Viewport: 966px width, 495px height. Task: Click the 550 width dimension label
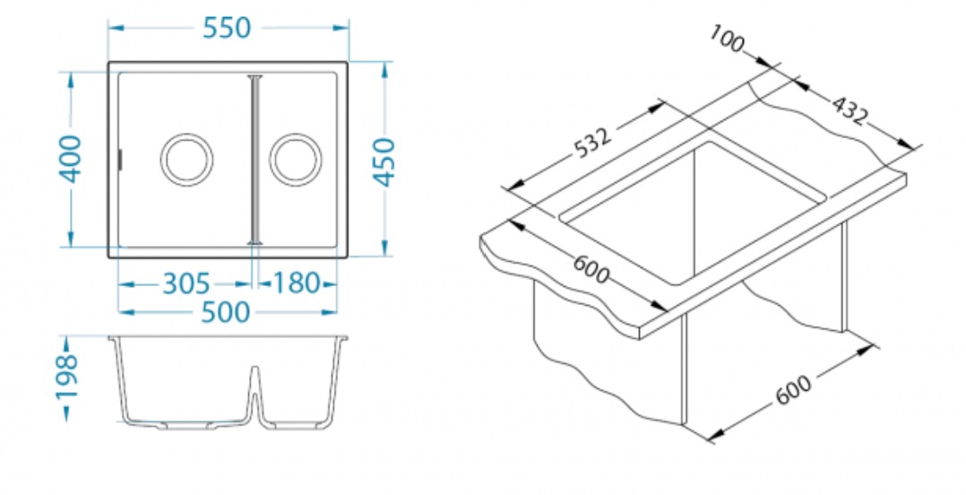(226, 28)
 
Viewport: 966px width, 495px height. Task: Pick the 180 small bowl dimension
(297, 284)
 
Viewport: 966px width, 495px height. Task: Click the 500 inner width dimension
(226, 312)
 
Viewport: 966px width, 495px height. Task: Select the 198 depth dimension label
(67, 378)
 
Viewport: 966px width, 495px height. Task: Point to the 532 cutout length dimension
(591, 143)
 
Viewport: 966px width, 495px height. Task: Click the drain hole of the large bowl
(186, 160)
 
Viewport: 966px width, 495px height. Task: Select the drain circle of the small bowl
(296, 160)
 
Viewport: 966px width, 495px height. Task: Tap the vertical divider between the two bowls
(255, 160)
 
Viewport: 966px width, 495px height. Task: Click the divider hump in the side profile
(255, 377)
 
